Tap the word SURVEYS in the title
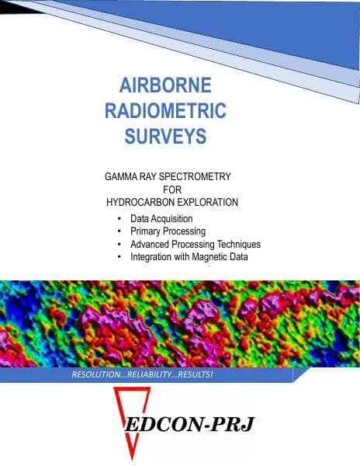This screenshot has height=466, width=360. point(165,137)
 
